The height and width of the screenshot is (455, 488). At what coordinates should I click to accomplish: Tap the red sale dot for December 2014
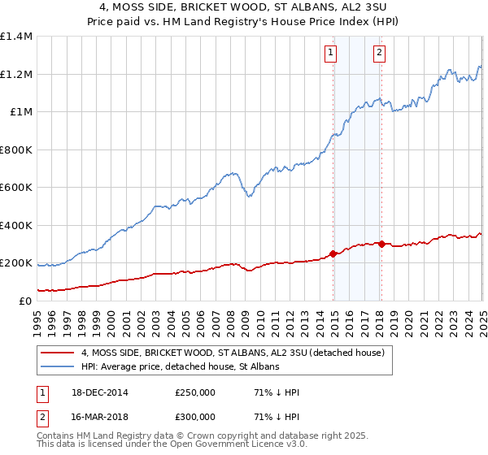(x=333, y=253)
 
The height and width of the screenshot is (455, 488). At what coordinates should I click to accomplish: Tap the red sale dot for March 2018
(x=381, y=244)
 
